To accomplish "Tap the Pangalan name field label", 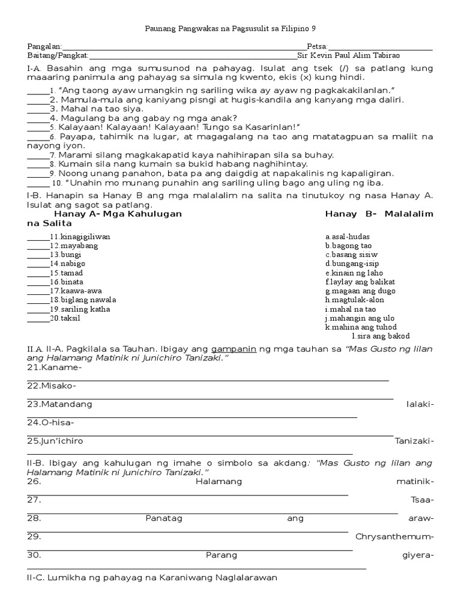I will [44, 46].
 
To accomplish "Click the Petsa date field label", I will [317, 46].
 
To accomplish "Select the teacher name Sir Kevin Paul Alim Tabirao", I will [349, 55].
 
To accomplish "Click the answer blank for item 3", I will [38, 109].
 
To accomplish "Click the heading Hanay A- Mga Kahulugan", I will [118, 214].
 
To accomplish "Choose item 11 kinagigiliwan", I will [80, 237].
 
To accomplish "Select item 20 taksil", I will [70, 318].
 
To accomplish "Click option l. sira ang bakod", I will [381, 336].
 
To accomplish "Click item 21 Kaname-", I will [54, 367].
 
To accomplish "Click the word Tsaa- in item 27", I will [422, 500].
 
